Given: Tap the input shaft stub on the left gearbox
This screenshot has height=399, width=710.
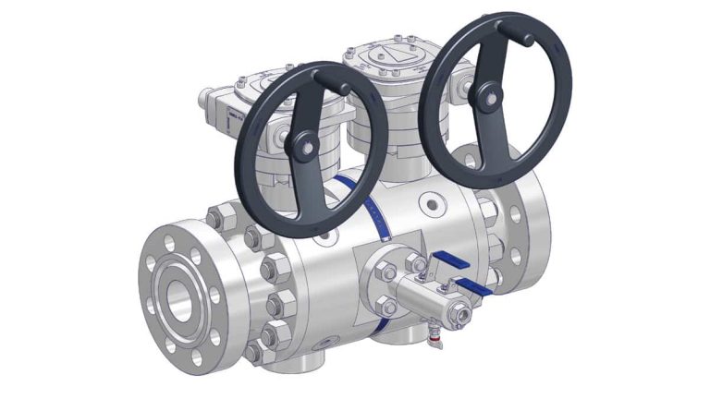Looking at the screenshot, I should click(210, 95).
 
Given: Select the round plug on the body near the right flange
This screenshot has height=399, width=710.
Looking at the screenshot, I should click(432, 201).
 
